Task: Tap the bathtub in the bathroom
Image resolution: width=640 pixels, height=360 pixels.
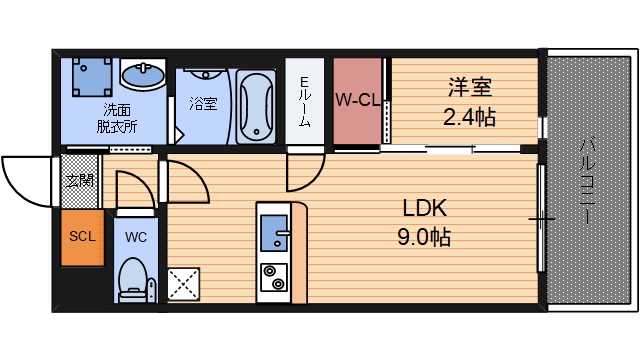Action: (x=256, y=106)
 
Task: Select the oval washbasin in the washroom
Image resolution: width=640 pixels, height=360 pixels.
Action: (x=143, y=74)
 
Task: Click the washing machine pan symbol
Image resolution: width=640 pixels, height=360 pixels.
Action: (x=92, y=77)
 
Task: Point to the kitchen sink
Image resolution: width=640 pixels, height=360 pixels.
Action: (x=274, y=233)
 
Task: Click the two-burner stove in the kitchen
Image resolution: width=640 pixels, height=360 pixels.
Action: (x=274, y=277)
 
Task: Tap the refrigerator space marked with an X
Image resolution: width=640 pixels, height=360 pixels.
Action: (x=183, y=284)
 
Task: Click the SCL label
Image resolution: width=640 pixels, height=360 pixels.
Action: (x=82, y=236)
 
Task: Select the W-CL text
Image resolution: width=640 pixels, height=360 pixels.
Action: (x=358, y=99)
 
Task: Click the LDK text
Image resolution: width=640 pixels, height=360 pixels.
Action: (x=425, y=208)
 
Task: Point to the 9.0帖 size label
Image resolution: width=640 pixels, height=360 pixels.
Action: (x=424, y=237)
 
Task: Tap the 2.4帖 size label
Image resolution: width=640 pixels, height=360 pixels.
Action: (x=469, y=117)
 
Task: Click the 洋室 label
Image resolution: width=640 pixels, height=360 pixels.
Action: (x=470, y=87)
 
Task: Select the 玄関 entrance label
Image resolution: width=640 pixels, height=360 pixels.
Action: (x=80, y=180)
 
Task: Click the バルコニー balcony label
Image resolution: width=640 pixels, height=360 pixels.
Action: (x=587, y=181)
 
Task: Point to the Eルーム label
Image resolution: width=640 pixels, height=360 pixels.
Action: (x=305, y=102)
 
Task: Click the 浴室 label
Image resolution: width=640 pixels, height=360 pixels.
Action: (x=203, y=104)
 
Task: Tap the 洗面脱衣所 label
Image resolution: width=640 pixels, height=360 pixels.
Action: (x=117, y=118)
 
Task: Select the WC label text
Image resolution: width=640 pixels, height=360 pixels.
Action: (x=136, y=237)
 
